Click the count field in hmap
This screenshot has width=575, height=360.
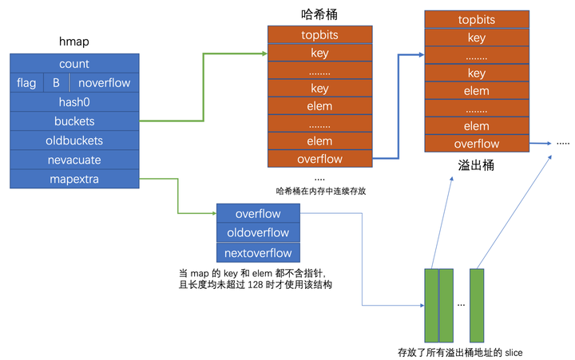click(x=74, y=64)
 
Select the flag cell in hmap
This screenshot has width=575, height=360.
click(x=26, y=83)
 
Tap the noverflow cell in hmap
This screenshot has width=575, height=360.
click(x=104, y=83)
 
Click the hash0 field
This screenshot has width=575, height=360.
click(x=74, y=102)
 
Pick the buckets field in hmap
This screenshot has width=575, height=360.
click(x=74, y=121)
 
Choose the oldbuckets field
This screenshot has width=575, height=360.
click(x=74, y=140)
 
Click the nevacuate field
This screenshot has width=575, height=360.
click(x=74, y=160)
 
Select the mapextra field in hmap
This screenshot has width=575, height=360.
click(x=74, y=179)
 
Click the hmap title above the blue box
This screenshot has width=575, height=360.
click(x=73, y=42)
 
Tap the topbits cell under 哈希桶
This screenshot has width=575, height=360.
click(x=319, y=35)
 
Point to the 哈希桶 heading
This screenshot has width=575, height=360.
click(x=319, y=14)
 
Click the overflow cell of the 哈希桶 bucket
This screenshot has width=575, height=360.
click(x=319, y=159)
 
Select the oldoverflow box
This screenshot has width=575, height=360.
click(x=258, y=233)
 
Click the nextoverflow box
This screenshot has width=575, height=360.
click(x=258, y=253)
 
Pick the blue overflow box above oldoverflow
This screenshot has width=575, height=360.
click(x=258, y=213)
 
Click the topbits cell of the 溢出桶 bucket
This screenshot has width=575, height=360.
click(x=476, y=20)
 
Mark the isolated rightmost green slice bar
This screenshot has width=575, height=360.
click(x=477, y=303)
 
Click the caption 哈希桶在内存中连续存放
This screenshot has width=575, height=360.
click(x=319, y=192)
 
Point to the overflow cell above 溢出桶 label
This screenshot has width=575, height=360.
click(x=476, y=144)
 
